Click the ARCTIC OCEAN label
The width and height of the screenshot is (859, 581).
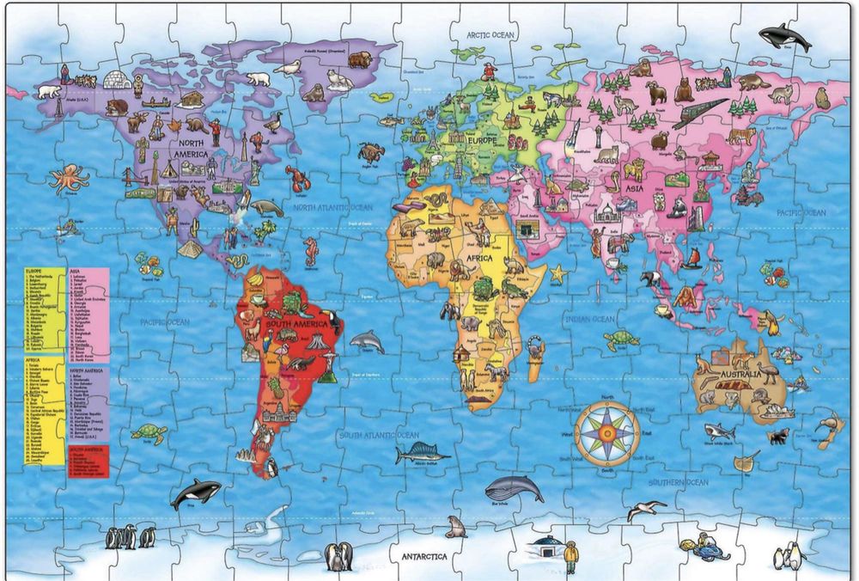point(490,35)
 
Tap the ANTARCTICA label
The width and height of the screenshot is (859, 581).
point(424,556)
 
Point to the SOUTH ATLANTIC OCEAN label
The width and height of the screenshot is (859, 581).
point(379,435)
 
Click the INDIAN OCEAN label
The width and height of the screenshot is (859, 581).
point(589,320)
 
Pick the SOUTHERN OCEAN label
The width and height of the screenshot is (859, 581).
point(679,482)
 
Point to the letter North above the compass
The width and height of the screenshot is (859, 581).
point(606,397)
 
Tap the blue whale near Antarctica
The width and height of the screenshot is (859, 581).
point(514,490)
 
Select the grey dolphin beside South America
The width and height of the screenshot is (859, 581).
point(366,342)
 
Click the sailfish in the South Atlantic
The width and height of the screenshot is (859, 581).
point(421,452)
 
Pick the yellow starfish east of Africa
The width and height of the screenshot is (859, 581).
point(558,274)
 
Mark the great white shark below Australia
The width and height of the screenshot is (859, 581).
point(719,431)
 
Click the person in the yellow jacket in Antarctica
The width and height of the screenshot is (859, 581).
point(571,554)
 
